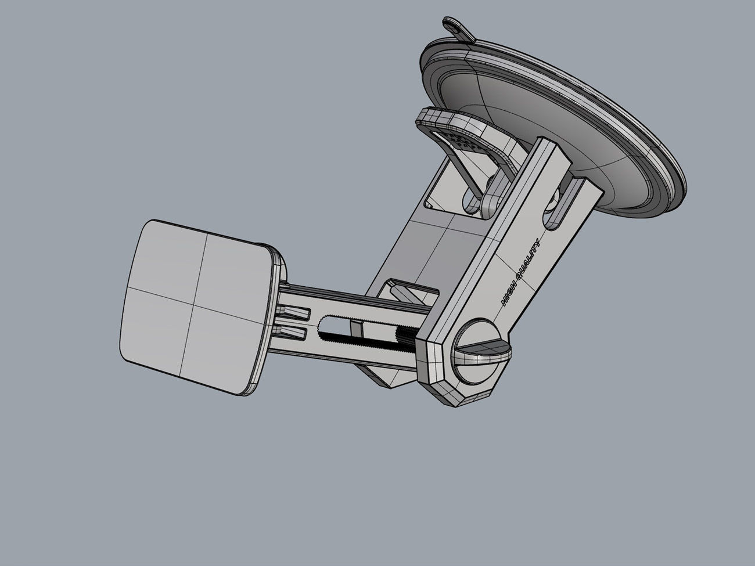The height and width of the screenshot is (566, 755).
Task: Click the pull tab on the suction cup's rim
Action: pyautogui.click(x=458, y=30)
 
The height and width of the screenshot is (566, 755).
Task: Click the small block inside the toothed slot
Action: pyautogui.click(x=357, y=330)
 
